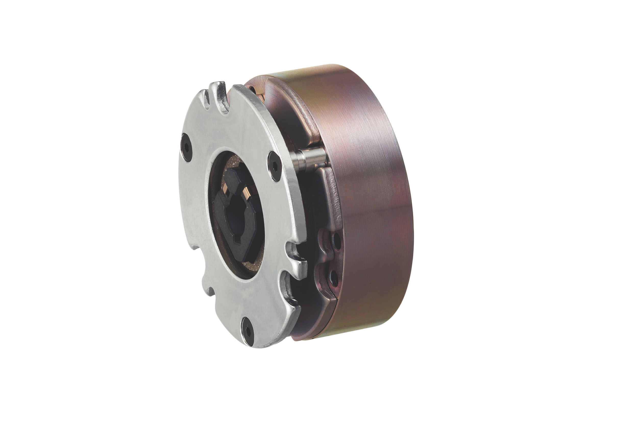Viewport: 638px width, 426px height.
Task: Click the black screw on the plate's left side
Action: pos(187,147)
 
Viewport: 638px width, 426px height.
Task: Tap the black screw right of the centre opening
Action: pos(275,166)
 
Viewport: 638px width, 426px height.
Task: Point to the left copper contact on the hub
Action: pos(225,187)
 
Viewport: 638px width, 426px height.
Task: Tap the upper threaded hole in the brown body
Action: pos(337,241)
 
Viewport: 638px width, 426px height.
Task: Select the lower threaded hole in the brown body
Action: pos(334,278)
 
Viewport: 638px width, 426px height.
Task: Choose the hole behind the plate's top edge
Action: pos(252,89)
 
